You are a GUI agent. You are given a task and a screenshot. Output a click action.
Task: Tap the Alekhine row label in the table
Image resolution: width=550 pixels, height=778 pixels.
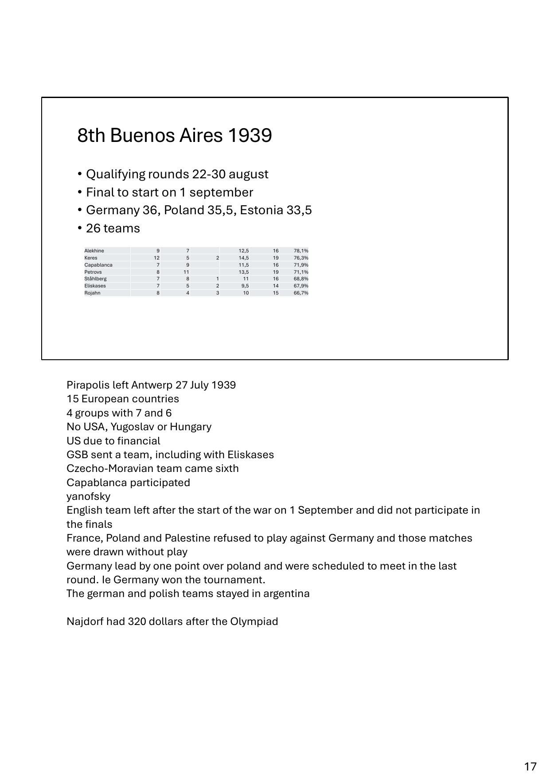pos(94,251)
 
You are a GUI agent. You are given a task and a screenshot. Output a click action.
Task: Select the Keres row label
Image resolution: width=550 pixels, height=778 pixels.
pos(91,258)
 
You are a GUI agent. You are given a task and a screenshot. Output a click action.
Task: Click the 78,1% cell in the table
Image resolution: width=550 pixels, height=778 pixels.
pos(301,251)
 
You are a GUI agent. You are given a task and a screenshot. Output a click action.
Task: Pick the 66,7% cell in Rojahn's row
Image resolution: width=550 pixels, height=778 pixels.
pos(301,293)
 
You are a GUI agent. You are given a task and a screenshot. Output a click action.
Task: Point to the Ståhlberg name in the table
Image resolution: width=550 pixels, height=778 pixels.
pos(95,279)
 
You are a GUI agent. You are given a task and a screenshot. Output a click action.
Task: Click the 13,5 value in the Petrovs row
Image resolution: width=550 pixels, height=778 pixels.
pos(243,272)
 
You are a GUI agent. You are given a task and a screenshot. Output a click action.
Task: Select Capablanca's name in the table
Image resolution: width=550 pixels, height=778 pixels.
pos(98,265)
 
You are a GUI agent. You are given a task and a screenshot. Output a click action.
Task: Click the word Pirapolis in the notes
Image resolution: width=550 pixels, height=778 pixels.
pos(87,385)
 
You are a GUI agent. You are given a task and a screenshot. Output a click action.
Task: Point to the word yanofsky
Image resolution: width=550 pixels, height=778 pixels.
pos(88,496)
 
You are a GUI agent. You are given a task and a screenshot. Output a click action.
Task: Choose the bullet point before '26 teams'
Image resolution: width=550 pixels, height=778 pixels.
pos(79,228)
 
